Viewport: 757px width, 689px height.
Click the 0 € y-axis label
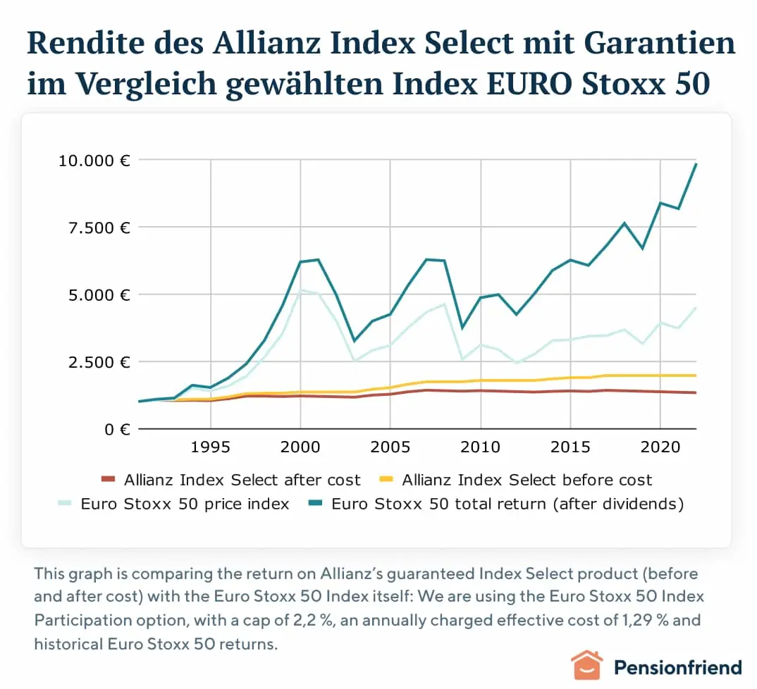coord(116,429)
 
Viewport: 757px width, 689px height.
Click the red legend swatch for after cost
coord(107,480)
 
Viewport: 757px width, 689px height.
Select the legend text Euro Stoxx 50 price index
coord(185,504)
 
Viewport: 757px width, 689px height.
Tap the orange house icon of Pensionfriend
coord(586,666)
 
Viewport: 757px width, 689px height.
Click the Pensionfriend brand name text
coord(677,667)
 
